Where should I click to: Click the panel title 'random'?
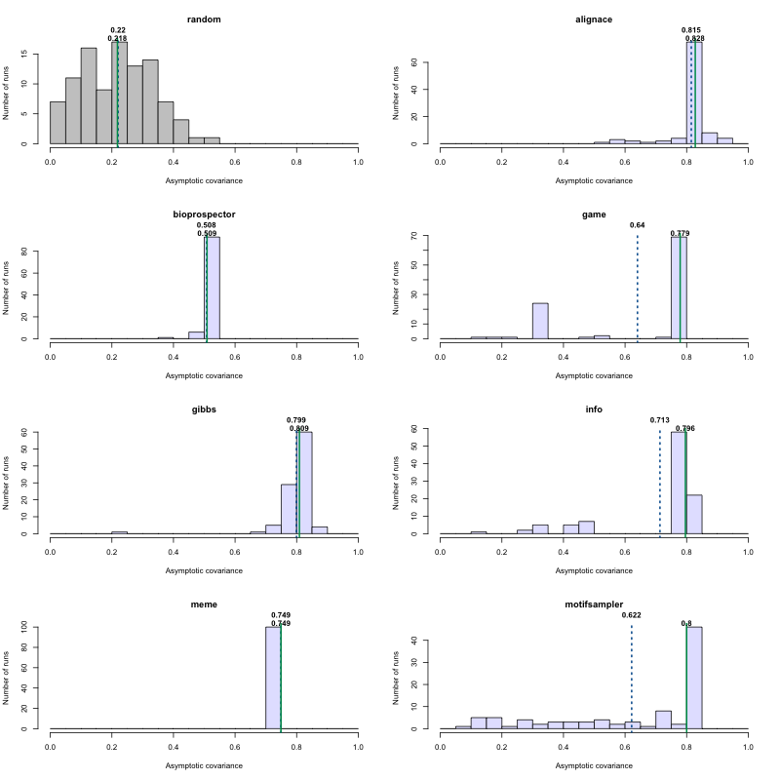pos(204,19)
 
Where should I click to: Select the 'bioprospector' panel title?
pos(204,214)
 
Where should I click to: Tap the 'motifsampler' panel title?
pos(594,604)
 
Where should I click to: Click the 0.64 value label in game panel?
pos(638,225)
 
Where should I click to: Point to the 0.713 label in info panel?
pos(660,420)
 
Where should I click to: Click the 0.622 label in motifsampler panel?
pos(632,615)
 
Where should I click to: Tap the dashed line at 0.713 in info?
pos(660,483)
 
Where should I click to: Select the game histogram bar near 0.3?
pos(540,321)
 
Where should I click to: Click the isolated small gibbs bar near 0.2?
pos(119,532)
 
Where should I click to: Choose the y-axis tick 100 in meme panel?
pos(34,627)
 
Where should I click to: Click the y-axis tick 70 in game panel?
pos(425,237)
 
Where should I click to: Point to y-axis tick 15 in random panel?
pos(35,58)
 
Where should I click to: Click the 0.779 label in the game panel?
pos(681,233)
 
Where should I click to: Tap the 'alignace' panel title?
pos(594,19)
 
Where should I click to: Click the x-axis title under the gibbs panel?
pos(204,569)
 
